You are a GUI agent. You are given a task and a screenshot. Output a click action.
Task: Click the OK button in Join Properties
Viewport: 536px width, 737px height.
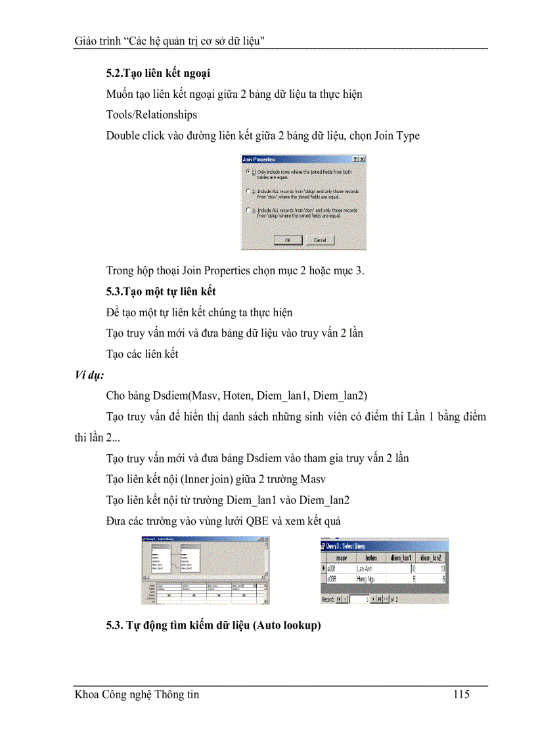(x=288, y=240)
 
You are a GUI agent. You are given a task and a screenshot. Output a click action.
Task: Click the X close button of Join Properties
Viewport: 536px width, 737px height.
(x=363, y=159)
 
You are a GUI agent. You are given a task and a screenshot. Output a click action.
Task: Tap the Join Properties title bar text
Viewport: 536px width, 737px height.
(x=259, y=159)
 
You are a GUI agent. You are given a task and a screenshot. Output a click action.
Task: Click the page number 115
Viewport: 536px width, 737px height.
(x=461, y=694)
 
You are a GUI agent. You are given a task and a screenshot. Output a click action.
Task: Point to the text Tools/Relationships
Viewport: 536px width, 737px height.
(x=152, y=115)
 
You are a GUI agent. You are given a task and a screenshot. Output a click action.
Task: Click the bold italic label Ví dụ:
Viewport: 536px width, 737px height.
(x=89, y=376)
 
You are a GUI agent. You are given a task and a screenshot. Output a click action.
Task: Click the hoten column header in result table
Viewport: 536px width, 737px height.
(x=370, y=557)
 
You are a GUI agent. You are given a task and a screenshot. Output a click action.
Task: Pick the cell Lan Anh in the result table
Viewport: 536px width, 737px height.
(x=365, y=568)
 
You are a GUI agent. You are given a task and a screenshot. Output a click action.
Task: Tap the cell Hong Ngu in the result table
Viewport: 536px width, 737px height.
(x=365, y=579)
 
